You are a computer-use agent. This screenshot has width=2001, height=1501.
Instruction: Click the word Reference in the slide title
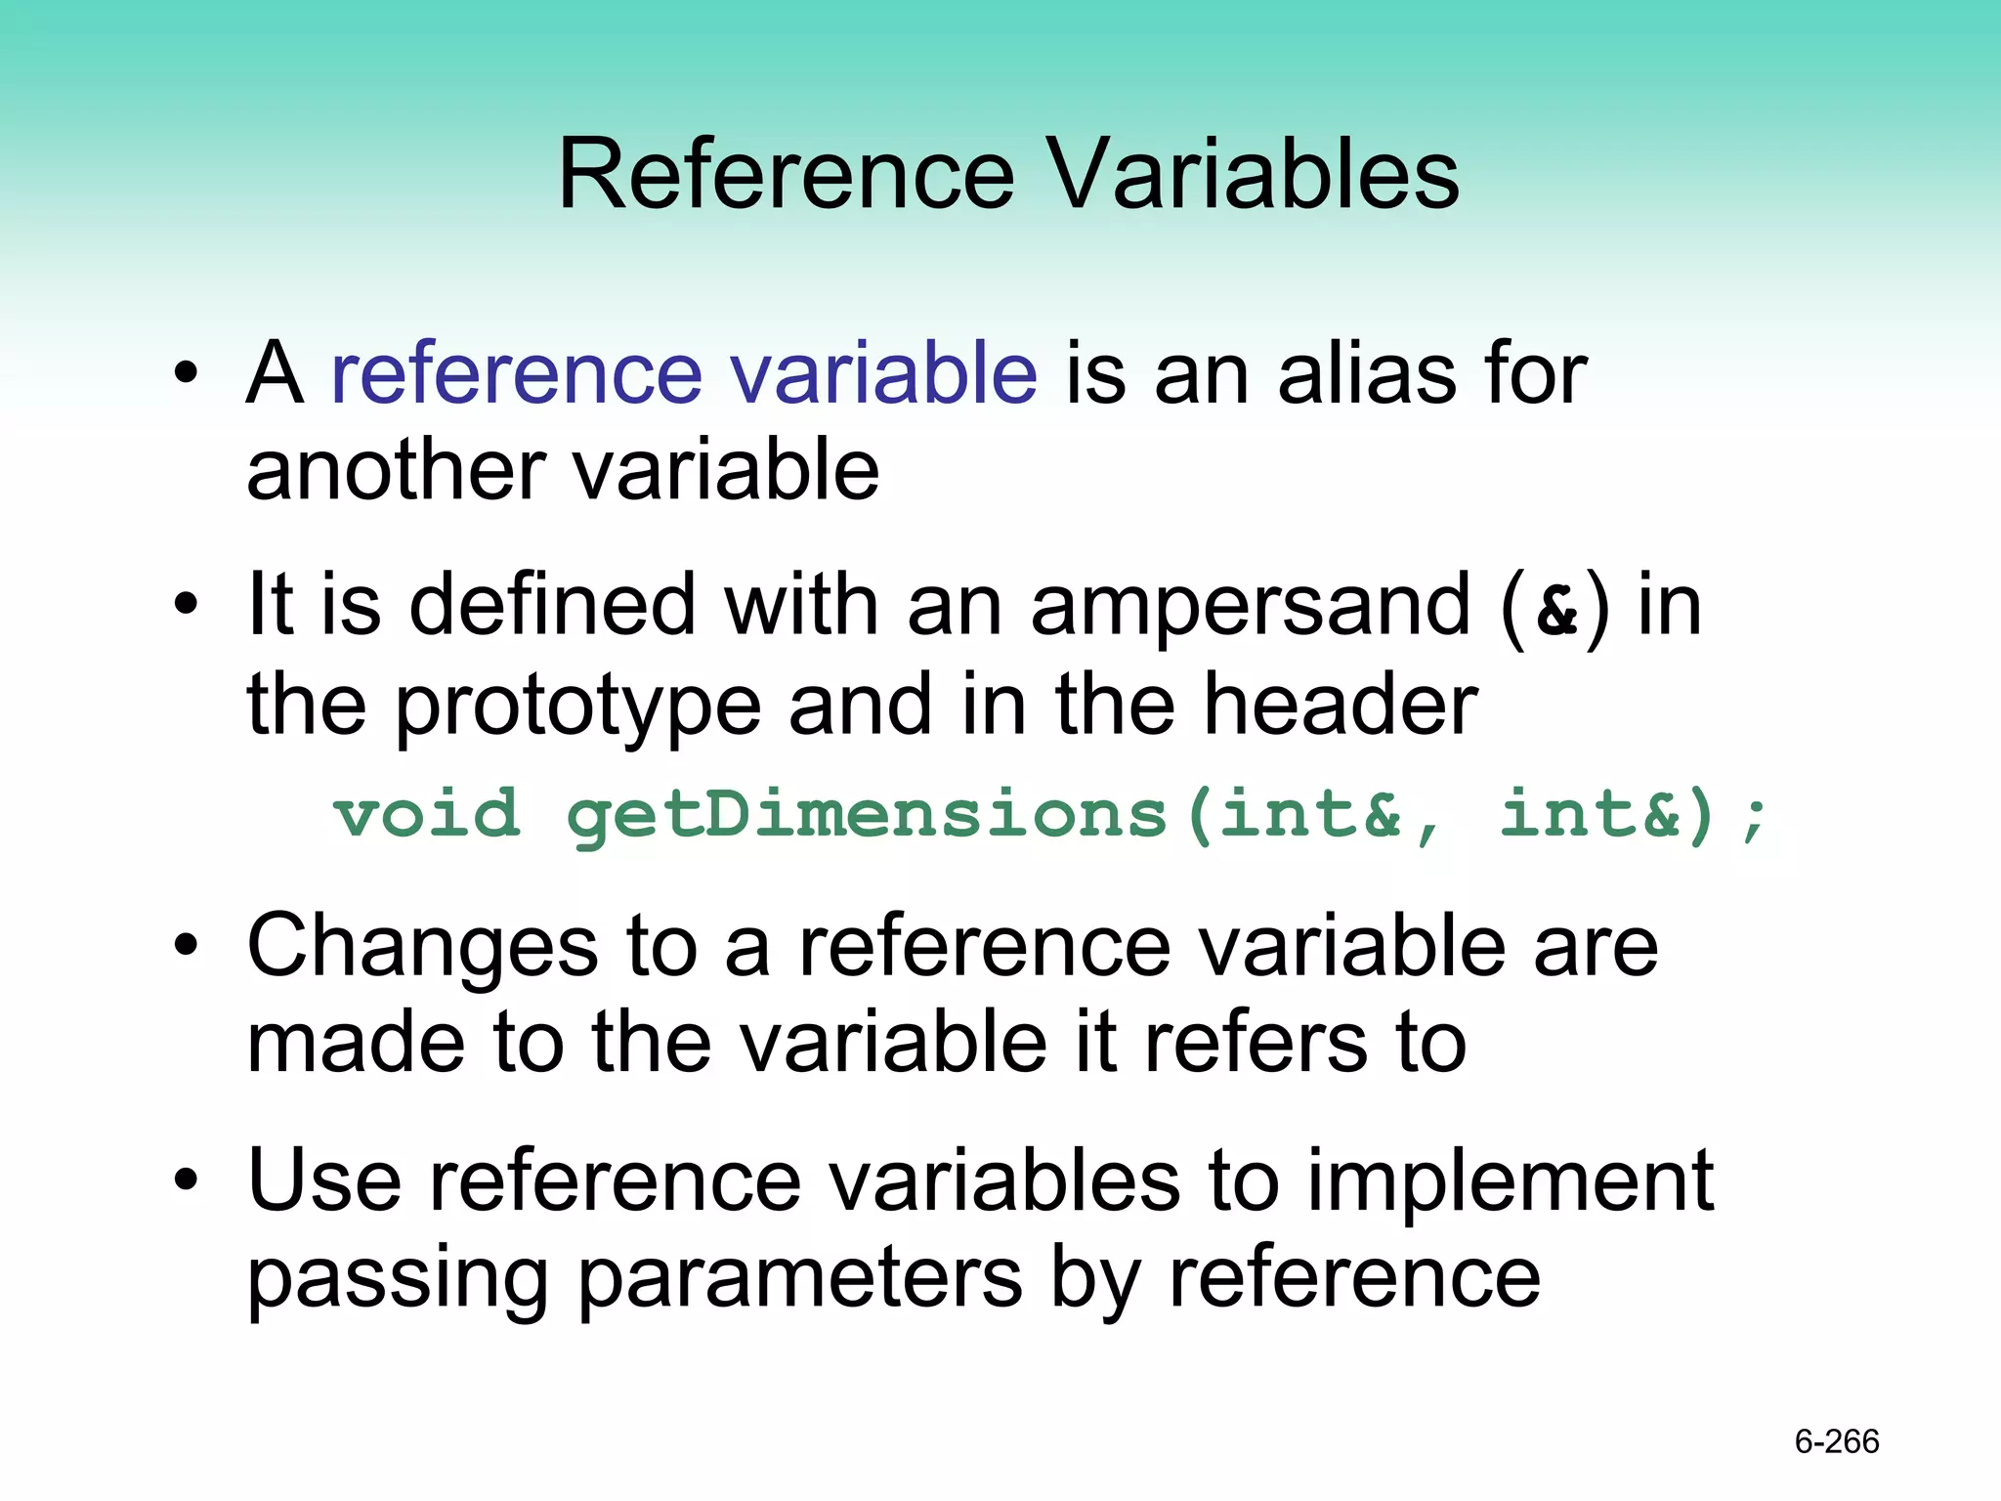coord(787,175)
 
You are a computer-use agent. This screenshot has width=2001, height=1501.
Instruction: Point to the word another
coord(395,471)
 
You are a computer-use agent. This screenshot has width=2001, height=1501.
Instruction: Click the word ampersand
coord(1250,607)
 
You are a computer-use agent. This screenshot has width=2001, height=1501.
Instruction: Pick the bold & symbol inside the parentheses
coord(1556,612)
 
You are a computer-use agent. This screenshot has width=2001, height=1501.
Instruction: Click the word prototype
coord(577,706)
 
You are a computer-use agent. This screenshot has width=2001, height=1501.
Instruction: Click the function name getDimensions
coord(867,816)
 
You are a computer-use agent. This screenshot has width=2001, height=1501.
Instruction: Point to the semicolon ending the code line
coord(1755,819)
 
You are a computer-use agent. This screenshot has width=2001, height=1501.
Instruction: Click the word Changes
coord(422,946)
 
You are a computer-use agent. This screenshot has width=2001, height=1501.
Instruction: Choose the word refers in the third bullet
coord(1256,1044)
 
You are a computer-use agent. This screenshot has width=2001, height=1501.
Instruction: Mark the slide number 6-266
coord(1837,1441)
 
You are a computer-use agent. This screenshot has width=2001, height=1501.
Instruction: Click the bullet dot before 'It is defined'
coord(186,607)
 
